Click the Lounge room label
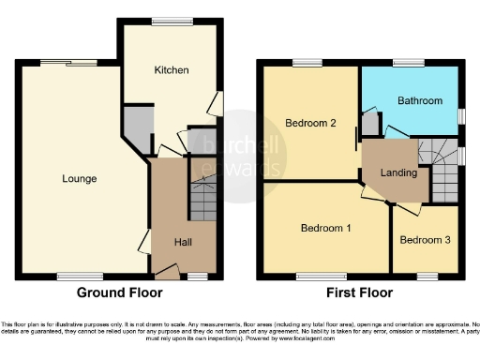click(80, 178)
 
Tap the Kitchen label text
click(172, 70)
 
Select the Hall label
click(184, 243)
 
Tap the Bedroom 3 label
click(425, 240)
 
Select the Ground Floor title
click(115, 292)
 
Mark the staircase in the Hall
click(203, 199)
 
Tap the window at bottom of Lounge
click(73, 276)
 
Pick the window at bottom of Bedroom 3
click(427, 276)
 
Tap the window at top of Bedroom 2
click(306, 64)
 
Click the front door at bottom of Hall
click(167, 273)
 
